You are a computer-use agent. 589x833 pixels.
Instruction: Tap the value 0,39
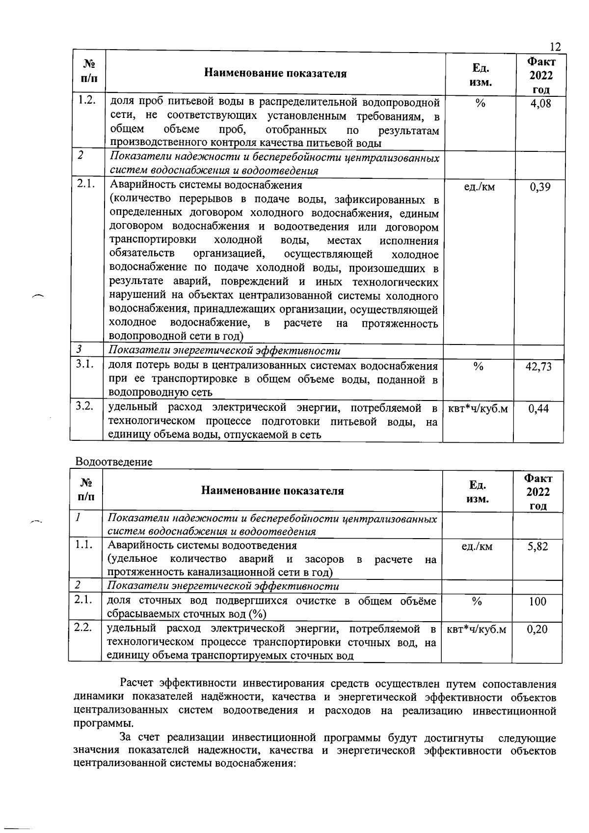[x=540, y=187]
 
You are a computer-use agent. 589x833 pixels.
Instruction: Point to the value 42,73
[x=539, y=367]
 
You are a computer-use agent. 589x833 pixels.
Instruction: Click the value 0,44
[x=539, y=409]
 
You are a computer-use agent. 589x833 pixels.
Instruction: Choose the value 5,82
[x=538, y=546]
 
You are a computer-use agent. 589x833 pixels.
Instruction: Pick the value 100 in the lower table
[x=537, y=602]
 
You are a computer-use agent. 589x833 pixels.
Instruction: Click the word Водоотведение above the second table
[x=114, y=462]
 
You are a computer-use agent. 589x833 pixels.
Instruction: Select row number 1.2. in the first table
[x=86, y=101]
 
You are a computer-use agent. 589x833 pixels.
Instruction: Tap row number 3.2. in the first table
[x=85, y=407]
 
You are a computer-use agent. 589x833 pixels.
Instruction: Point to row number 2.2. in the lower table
[x=83, y=628]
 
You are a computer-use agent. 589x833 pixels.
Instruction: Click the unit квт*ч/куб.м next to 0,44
[x=478, y=409]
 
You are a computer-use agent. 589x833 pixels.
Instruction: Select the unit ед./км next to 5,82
[x=477, y=546]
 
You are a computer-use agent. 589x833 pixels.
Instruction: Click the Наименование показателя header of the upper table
[x=275, y=74]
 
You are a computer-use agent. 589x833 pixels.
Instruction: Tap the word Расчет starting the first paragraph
[x=138, y=684]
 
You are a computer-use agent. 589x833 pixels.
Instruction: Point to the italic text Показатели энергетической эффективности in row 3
[x=224, y=351]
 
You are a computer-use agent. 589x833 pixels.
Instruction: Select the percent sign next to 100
[x=477, y=602]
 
